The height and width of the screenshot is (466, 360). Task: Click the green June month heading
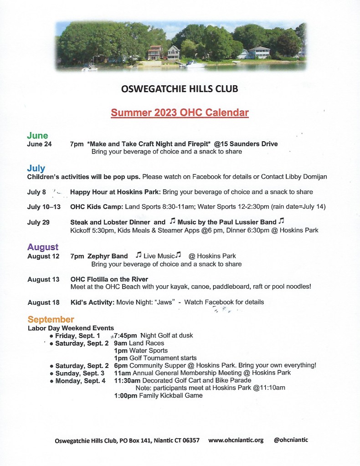pos(37,135)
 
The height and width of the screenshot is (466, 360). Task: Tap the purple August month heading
pos(43,247)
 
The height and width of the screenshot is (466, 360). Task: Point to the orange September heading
pos(51,319)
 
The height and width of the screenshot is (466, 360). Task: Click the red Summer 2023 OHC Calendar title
pos(180,113)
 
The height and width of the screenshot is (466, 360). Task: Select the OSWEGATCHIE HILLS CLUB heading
pos(180,89)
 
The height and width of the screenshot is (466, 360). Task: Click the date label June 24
pos(40,144)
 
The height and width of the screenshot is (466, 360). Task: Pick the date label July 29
pos(39,222)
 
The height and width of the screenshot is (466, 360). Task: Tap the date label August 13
pos(43,279)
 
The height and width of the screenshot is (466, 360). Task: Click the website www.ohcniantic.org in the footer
pos(236,440)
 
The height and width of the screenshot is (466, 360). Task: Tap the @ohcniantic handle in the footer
pos(291,440)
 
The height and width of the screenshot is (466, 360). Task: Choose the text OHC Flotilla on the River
pos(109,279)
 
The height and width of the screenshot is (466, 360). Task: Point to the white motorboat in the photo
pos(192,64)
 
